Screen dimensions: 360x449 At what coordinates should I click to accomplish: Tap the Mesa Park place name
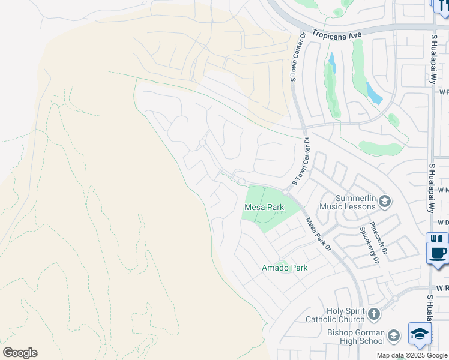[x=264, y=208]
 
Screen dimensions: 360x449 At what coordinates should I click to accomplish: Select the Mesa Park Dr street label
[x=318, y=234]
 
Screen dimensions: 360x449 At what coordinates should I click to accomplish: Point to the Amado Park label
[x=284, y=268]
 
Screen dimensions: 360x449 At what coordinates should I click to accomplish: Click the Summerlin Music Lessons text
[x=348, y=203]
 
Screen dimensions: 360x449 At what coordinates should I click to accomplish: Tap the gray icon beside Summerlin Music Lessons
[x=385, y=201]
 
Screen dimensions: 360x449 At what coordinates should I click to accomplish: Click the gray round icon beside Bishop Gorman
[x=394, y=335]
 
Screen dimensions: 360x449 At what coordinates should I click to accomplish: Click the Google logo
[x=20, y=352]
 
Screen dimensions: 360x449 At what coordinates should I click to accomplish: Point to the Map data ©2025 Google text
[x=412, y=355]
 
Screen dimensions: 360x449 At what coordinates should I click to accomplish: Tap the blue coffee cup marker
[x=438, y=252]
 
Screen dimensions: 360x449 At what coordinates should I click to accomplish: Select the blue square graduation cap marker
[x=420, y=334]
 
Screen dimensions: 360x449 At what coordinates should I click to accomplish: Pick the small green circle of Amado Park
[x=281, y=260]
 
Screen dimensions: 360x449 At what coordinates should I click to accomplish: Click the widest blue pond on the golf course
[x=373, y=94]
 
